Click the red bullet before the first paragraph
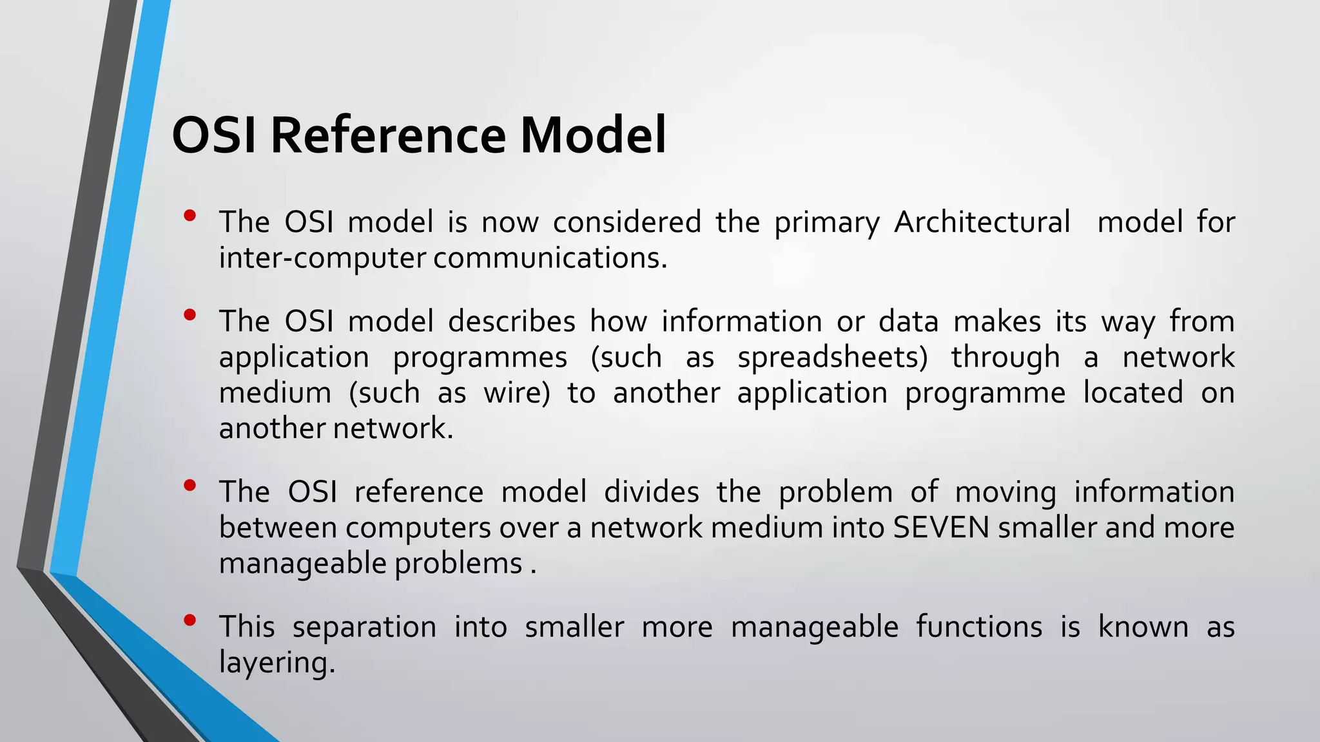[x=189, y=216]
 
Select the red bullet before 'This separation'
[x=189, y=621]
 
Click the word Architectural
[x=982, y=222]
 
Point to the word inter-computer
[x=322, y=258]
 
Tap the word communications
[x=550, y=258]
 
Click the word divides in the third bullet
[x=651, y=492]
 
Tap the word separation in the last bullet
[x=364, y=628]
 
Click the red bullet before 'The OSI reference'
[x=189, y=486]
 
